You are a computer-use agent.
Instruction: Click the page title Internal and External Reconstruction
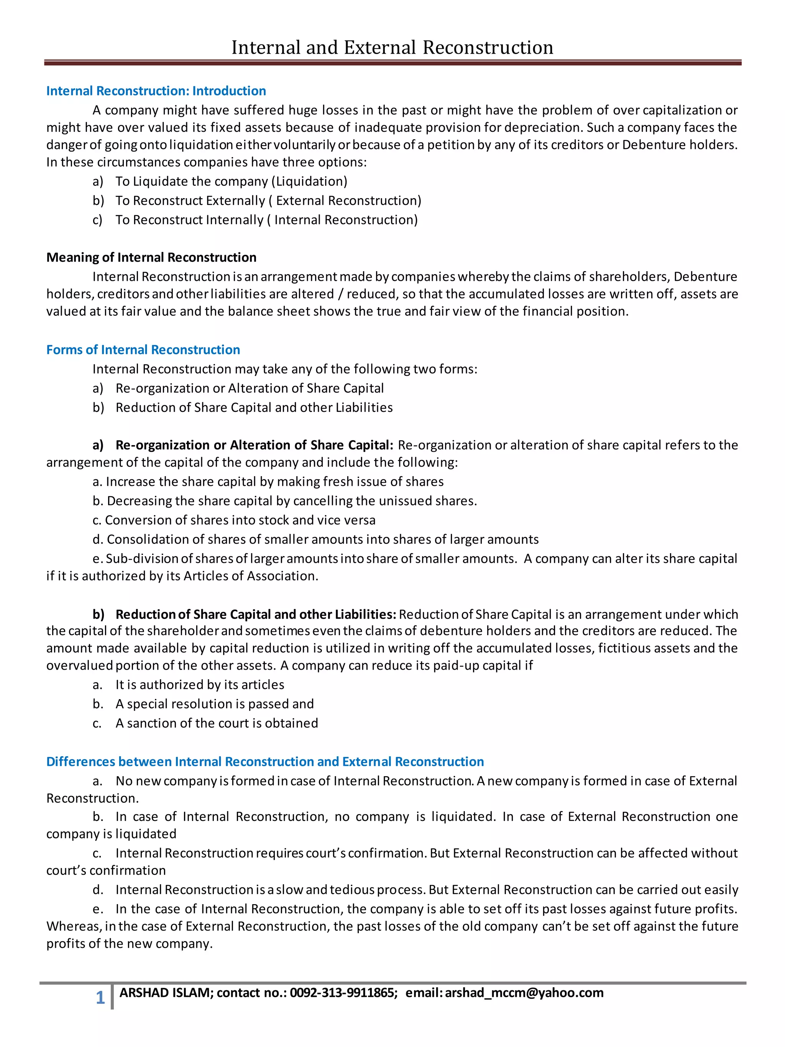tap(392, 48)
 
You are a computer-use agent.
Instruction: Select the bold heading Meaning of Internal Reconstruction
tap(151, 257)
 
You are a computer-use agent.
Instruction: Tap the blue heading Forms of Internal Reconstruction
tap(143, 350)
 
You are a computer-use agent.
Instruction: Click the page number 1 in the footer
tap(100, 998)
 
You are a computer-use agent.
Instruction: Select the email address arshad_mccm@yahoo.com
tap(524, 993)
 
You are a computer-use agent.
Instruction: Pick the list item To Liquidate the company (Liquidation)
tap(231, 181)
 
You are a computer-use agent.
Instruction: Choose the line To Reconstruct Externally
tap(268, 201)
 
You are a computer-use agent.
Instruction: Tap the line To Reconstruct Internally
tap(266, 220)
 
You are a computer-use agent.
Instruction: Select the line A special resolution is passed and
tap(215, 704)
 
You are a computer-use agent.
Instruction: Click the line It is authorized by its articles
tap(199, 685)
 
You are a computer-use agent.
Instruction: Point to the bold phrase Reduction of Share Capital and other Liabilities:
tap(256, 614)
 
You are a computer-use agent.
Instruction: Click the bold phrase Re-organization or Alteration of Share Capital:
tap(254, 446)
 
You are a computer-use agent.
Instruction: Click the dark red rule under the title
tap(392, 62)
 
